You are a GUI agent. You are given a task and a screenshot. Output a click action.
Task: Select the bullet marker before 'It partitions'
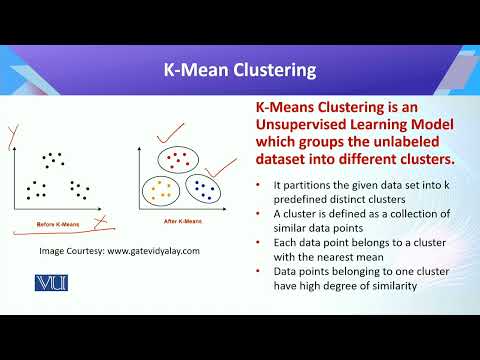tap(260, 187)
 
